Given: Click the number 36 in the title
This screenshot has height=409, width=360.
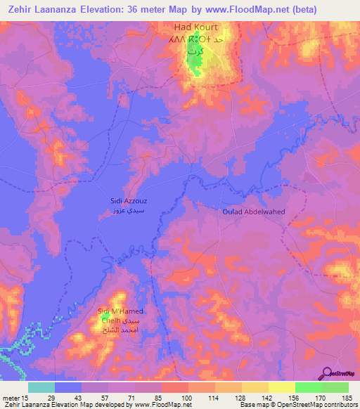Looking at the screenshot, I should click(152, 10).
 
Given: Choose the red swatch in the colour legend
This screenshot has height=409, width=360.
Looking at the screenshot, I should click(174, 387).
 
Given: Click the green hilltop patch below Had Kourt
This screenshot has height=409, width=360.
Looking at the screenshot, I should click(193, 67).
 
